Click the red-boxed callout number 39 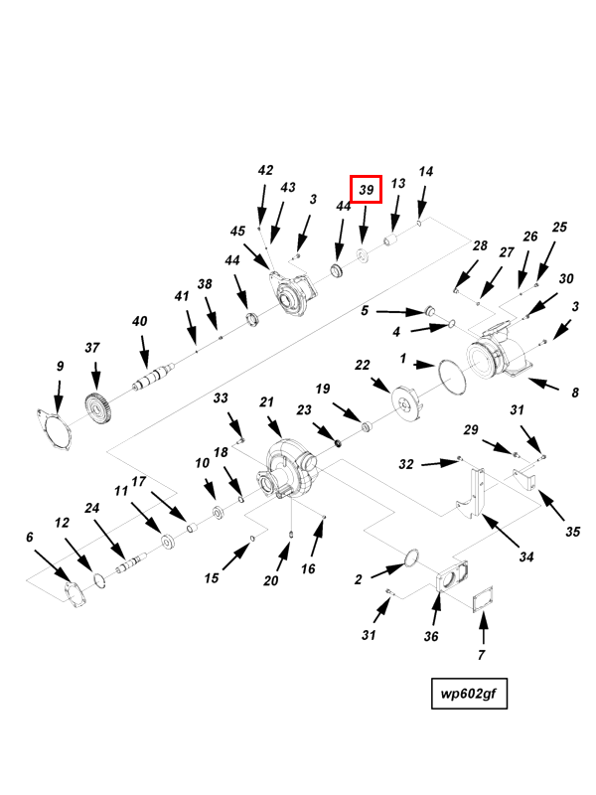[366, 189]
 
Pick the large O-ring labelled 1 [453, 379]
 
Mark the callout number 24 [91, 509]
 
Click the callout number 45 [237, 232]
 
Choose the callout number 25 [559, 228]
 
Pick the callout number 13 [398, 184]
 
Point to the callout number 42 [265, 171]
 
